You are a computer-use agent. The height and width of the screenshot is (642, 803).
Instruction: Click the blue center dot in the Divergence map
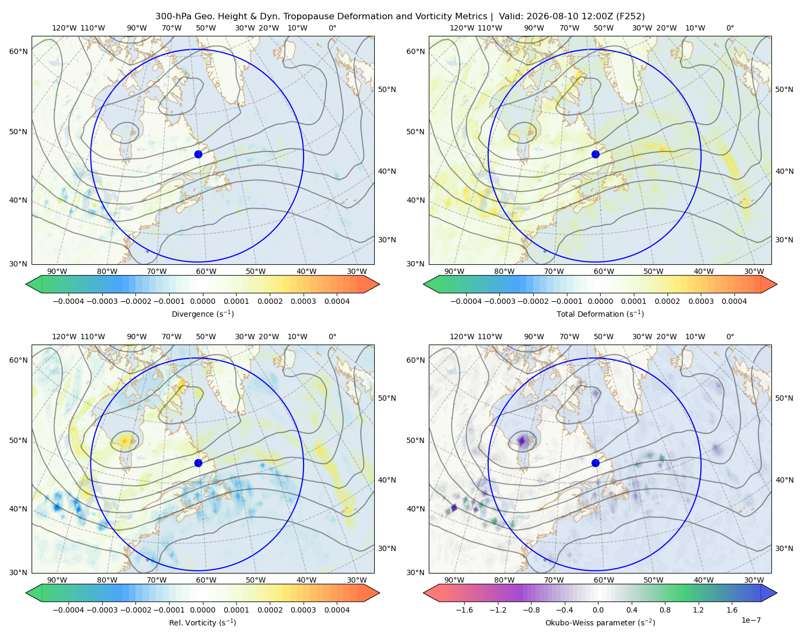pos(198,154)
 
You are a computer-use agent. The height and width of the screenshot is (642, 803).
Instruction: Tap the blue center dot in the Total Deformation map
pos(595,154)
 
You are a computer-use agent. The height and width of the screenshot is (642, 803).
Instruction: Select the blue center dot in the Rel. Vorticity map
pos(198,463)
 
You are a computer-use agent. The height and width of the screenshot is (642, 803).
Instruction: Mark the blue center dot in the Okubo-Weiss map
pos(595,463)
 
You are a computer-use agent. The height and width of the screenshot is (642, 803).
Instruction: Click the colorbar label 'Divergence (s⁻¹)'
pos(202,314)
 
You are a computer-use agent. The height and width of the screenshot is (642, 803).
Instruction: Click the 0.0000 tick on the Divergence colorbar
pos(202,301)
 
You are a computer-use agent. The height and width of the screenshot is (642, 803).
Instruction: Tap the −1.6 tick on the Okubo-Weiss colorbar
pos(464,610)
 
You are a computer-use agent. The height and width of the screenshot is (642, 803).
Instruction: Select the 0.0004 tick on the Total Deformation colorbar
pos(734,301)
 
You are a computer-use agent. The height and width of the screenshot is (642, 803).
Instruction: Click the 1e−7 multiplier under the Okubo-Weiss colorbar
pos(751,620)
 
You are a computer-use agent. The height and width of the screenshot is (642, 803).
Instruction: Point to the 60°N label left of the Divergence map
pos(18,51)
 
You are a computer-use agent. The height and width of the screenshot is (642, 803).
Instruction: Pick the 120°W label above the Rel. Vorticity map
pos(64,337)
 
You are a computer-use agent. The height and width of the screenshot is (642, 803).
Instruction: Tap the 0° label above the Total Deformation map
pos(730,28)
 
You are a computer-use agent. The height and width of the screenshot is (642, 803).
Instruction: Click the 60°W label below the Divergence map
pos(206,271)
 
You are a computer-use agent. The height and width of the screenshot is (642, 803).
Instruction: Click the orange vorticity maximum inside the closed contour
pos(125,441)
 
